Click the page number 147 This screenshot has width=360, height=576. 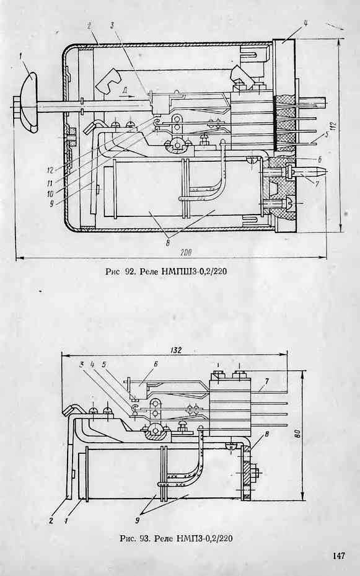(x=339, y=556)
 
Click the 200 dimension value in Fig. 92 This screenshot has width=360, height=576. (x=186, y=252)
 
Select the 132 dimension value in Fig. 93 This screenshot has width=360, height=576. (x=176, y=350)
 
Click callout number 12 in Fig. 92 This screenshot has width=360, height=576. (x=50, y=171)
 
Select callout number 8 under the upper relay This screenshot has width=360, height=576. (x=168, y=243)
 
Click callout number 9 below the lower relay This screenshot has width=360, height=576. (x=137, y=521)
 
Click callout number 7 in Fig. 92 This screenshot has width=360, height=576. (x=317, y=182)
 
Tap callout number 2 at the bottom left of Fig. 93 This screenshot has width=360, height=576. (x=51, y=521)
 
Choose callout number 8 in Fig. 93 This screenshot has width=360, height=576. (x=267, y=434)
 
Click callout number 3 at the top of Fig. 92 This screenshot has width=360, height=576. (x=113, y=25)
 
